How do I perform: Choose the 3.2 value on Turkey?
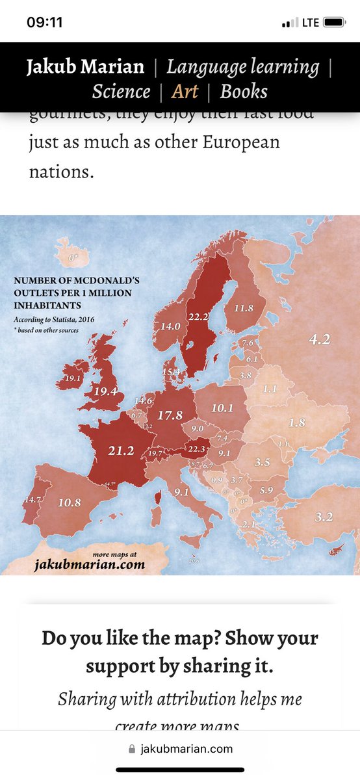(323, 517)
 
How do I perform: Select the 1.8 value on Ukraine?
(296, 422)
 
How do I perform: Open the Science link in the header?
(121, 91)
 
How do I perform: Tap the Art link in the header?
(185, 91)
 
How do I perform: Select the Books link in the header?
(243, 91)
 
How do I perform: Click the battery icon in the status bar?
(334, 22)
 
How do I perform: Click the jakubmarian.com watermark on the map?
(89, 564)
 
